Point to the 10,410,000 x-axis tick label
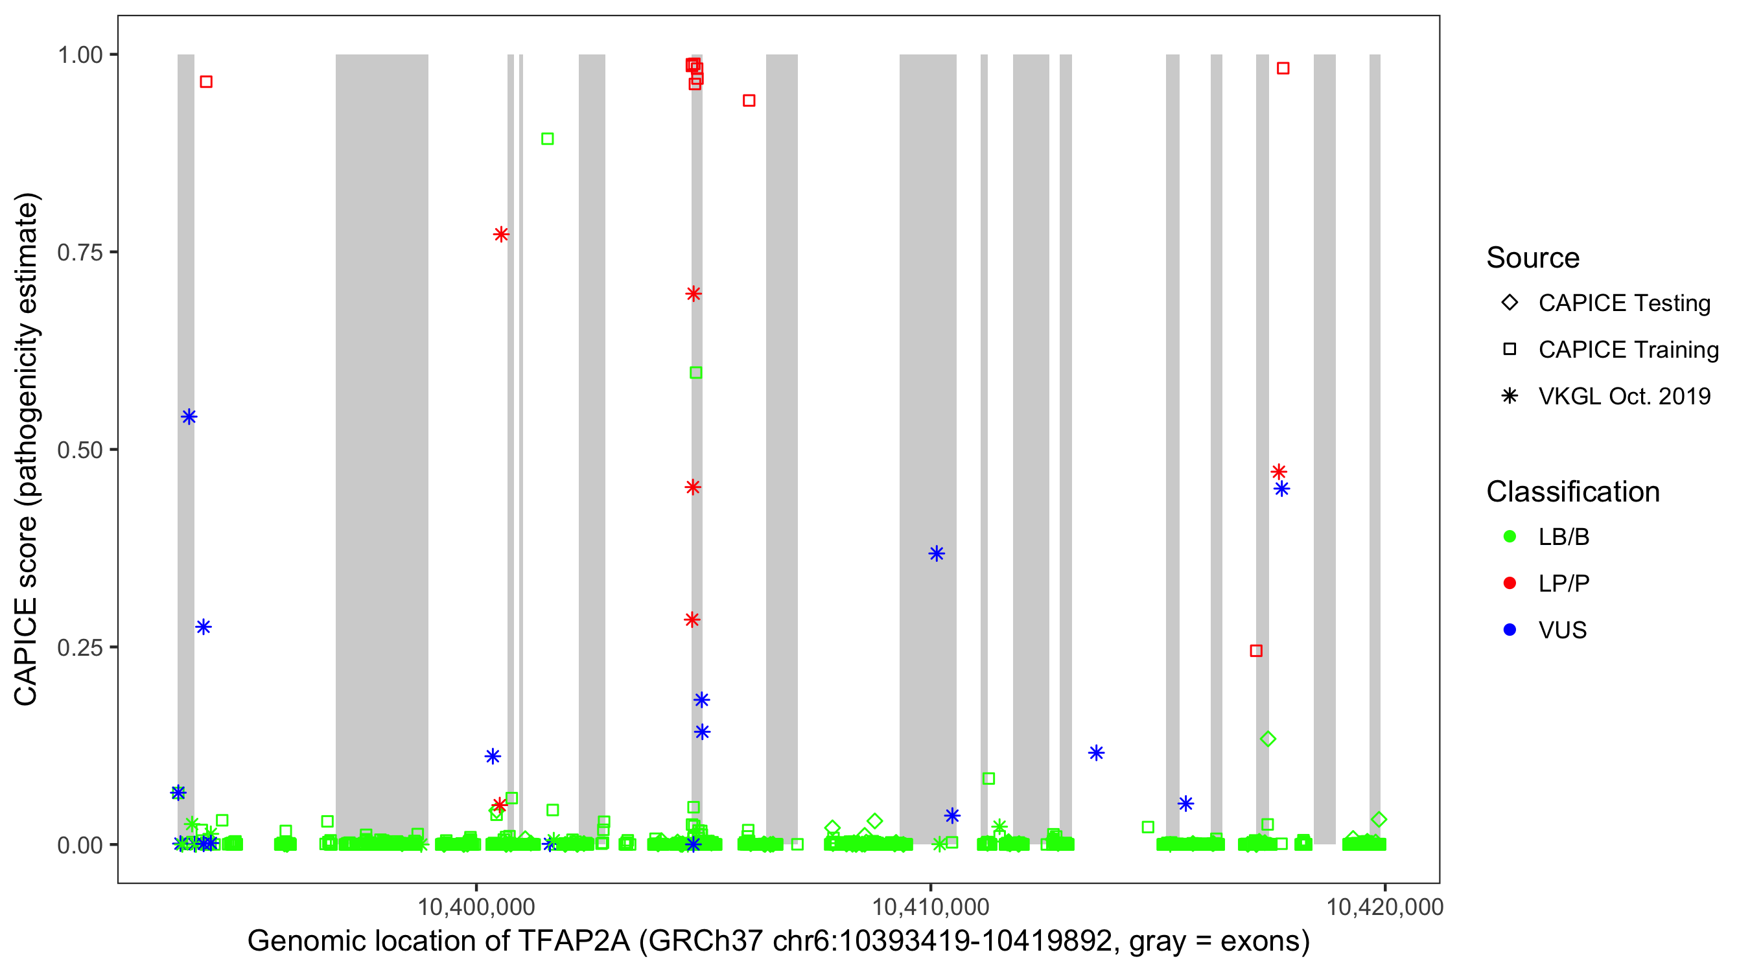pyautogui.click(x=930, y=906)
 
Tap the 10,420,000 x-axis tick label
pyautogui.click(x=1384, y=906)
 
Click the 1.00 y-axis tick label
pyautogui.click(x=80, y=54)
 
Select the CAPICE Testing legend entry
pyautogui.click(x=1624, y=303)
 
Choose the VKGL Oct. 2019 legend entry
pyautogui.click(x=1624, y=396)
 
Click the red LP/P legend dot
pyautogui.click(x=1510, y=583)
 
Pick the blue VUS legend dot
pyautogui.click(x=1510, y=630)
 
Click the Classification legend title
pyautogui.click(x=1572, y=491)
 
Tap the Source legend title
pyautogui.click(x=1533, y=257)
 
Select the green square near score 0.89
pyautogui.click(x=548, y=139)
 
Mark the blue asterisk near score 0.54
pyautogui.click(x=189, y=417)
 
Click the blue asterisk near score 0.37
pyautogui.click(x=937, y=553)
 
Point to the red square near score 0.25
pyautogui.click(x=1256, y=651)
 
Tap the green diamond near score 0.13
pyautogui.click(x=1268, y=739)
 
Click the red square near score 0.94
pyautogui.click(x=749, y=100)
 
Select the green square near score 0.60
pyautogui.click(x=695, y=372)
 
